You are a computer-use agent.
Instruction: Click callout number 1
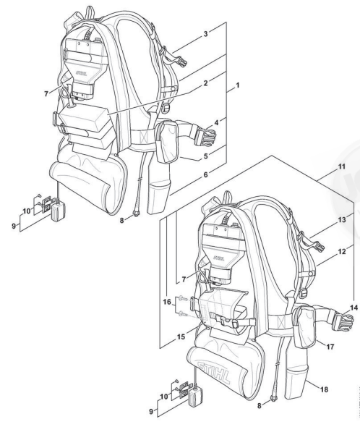237,85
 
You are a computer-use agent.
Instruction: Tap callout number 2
206,83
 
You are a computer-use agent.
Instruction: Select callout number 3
206,34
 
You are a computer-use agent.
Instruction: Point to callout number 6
206,174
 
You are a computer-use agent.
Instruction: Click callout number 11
342,166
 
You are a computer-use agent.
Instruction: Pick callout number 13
342,219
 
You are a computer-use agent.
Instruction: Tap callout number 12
342,252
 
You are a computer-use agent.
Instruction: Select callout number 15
181,337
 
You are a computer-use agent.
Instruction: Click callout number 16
167,302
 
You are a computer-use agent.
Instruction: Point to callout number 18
324,389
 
